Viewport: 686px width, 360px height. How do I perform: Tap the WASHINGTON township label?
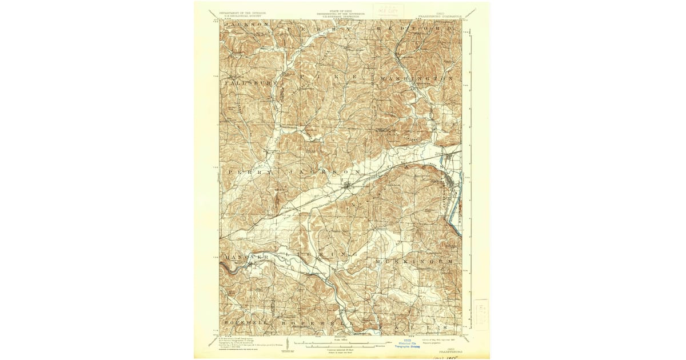pos(416,77)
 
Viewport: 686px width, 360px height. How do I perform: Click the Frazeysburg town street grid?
pos(347,185)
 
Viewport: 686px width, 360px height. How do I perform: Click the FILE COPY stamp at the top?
pos(388,10)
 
